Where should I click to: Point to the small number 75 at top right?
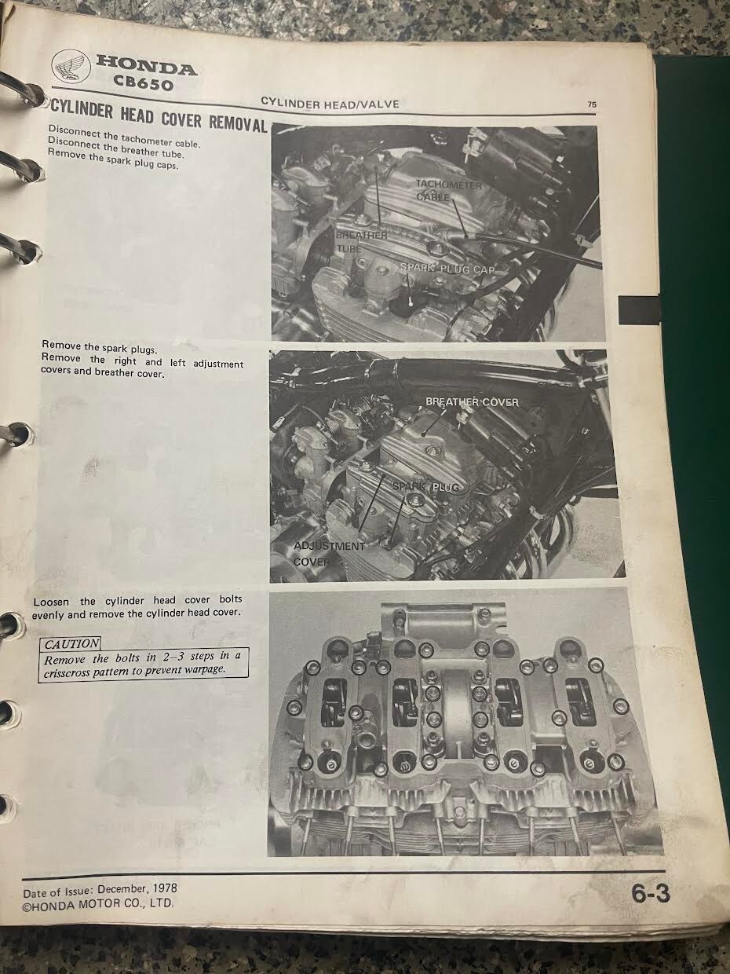tap(592, 104)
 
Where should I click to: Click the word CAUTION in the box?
tap(71, 643)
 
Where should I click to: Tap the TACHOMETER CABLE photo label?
tap(448, 191)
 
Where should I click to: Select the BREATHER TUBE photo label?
tap(361, 242)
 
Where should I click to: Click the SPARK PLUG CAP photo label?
tap(447, 268)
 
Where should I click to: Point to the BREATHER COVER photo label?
tap(472, 401)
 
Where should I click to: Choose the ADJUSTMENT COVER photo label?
tap(329, 553)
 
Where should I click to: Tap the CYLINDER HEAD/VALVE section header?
tap(330, 104)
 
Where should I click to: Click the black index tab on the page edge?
tap(638, 309)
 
